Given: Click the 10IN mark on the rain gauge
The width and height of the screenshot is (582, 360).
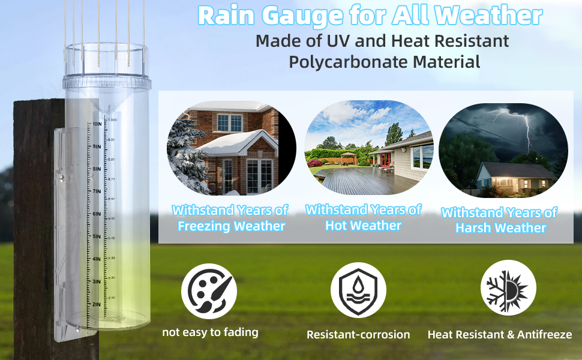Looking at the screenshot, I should click(x=97, y=124).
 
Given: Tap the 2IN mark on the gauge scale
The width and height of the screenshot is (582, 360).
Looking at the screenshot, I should click(x=96, y=304).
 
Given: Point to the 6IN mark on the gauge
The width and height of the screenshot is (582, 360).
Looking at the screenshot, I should click(x=96, y=214).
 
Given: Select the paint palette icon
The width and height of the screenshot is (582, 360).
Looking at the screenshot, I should click(x=209, y=292).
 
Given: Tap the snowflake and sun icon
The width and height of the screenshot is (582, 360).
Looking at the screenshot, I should click(x=508, y=291).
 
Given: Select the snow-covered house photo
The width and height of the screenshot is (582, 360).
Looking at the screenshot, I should click(x=231, y=148).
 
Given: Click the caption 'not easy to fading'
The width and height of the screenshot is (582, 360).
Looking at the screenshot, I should click(x=210, y=332).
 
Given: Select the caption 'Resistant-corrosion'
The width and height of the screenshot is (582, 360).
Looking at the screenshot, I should click(x=358, y=335).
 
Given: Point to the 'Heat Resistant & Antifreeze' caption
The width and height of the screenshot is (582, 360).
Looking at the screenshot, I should click(x=499, y=335).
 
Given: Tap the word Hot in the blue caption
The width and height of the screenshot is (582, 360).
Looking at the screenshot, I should click(x=337, y=226).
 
